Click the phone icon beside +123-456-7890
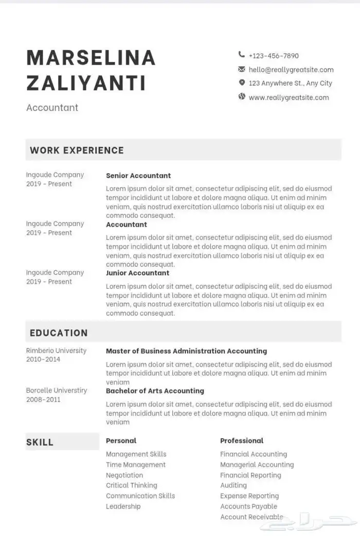(x=242, y=55)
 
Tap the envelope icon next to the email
(x=242, y=69)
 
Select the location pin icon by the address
(x=242, y=83)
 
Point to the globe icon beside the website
(x=242, y=97)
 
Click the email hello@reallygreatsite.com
(x=291, y=69)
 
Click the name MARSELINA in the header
(x=91, y=58)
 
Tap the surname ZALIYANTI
(x=86, y=83)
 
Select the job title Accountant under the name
(x=52, y=107)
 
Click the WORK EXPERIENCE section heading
(x=77, y=150)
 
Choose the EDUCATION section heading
(x=59, y=332)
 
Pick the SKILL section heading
(x=40, y=442)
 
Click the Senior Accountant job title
(x=138, y=175)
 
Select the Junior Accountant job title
(x=137, y=273)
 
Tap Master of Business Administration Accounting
(x=186, y=351)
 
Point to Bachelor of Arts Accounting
(x=155, y=391)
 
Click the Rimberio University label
(x=56, y=350)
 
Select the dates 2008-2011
(x=43, y=399)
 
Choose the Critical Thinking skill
(x=131, y=485)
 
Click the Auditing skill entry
(x=233, y=485)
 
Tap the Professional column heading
(x=241, y=440)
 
